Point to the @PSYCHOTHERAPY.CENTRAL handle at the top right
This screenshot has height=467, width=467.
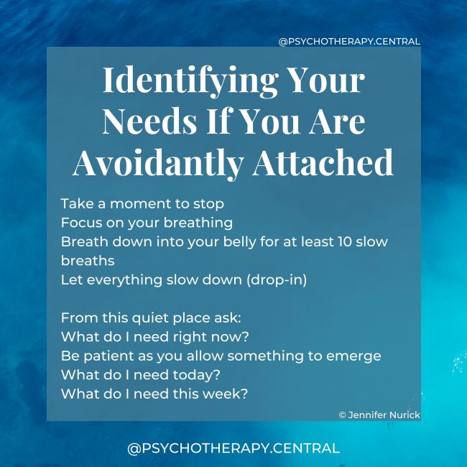(x=349, y=42)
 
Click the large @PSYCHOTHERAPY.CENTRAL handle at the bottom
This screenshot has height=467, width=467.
(x=233, y=448)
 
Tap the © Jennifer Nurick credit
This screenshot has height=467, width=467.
(x=379, y=415)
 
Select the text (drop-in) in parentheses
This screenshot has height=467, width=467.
(x=276, y=280)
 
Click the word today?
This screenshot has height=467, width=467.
(x=195, y=374)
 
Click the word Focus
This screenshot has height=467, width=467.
(x=81, y=222)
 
